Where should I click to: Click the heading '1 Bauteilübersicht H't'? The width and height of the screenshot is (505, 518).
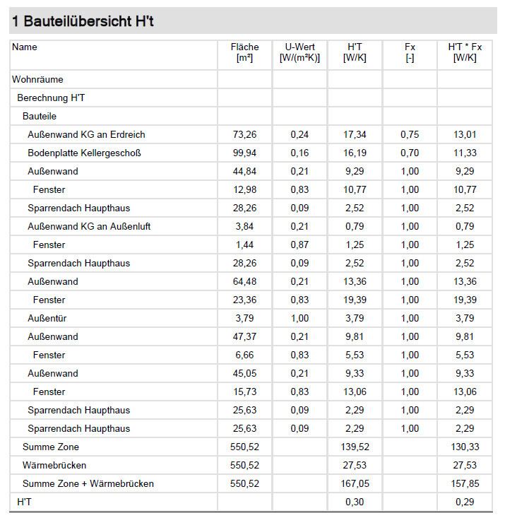[x=83, y=21]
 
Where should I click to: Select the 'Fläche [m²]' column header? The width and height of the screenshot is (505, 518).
[x=244, y=52]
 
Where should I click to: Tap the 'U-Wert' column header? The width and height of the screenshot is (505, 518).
[x=299, y=52]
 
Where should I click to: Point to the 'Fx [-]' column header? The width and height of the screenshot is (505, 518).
[x=410, y=52]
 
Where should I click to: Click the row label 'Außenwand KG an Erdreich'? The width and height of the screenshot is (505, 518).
[x=86, y=134]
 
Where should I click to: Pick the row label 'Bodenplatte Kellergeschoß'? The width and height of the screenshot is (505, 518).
[x=89, y=153]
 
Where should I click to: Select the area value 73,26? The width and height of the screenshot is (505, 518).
[x=244, y=134]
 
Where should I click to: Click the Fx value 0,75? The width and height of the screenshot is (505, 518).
[x=410, y=134]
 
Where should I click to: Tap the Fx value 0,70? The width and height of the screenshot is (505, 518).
[x=410, y=153]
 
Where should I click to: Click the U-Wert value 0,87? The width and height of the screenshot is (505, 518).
[x=299, y=245]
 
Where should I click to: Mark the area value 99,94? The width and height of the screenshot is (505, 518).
[x=244, y=153]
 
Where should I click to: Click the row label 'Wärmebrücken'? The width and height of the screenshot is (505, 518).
[x=54, y=465]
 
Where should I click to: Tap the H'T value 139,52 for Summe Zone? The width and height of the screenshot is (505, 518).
[x=354, y=447]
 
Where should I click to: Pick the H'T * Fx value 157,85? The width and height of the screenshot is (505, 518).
[x=464, y=483]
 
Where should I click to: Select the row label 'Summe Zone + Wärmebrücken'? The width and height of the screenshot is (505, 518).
[x=88, y=483]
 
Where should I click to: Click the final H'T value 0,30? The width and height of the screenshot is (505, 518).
[x=354, y=502]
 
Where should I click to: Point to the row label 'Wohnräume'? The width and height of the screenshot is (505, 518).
[x=37, y=79]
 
